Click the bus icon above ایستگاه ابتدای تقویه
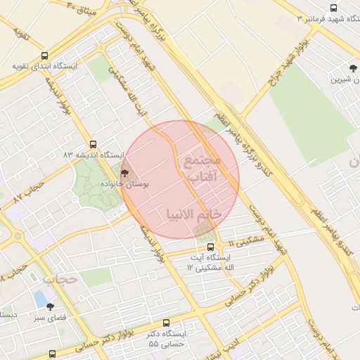tap(45, 56)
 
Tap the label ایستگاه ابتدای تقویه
tap(44, 67)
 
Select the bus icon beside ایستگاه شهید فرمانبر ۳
tap(307, 18)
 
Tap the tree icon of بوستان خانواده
tap(125, 172)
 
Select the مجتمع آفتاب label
tap(202, 169)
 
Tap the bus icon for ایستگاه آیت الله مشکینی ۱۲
tap(210, 246)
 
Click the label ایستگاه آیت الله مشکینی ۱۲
tap(214, 262)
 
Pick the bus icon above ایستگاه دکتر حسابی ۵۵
tap(166, 323)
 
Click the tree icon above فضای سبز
tap(49, 307)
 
